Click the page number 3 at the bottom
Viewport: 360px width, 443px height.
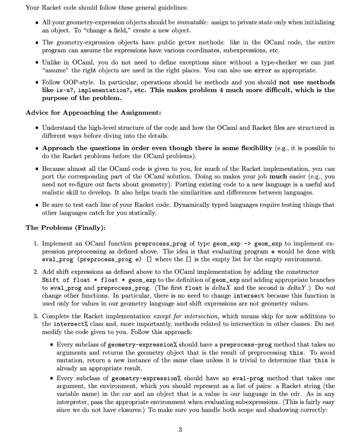[180, 430]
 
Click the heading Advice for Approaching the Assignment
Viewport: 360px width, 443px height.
[93, 113]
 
